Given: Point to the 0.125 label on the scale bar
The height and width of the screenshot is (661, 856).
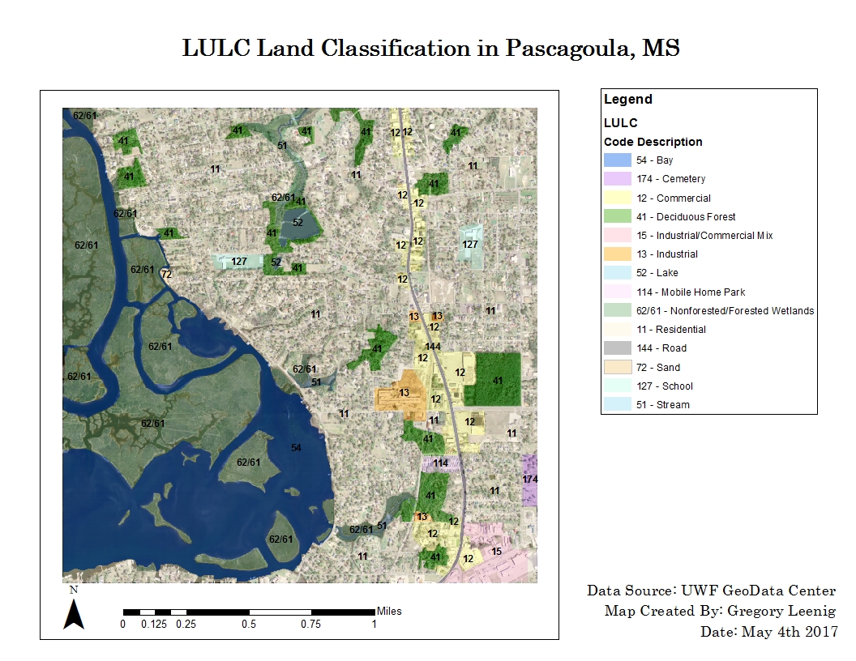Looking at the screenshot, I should click(x=154, y=624).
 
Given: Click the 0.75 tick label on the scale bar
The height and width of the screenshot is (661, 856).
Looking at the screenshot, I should click(x=310, y=624).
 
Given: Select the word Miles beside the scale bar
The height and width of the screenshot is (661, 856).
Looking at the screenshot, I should click(x=389, y=611).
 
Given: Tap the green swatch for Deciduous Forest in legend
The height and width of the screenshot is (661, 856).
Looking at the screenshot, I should click(x=617, y=216).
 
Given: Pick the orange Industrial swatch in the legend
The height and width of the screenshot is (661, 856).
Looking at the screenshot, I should click(x=617, y=254).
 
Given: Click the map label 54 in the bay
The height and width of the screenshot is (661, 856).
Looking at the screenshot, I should click(x=296, y=448).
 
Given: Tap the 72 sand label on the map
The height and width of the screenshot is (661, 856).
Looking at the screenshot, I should click(x=166, y=274).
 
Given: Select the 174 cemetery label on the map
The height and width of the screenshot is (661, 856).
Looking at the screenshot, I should click(x=530, y=480).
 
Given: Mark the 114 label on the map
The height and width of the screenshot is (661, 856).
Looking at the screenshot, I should click(x=440, y=463).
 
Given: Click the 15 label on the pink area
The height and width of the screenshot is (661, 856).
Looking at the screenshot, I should click(x=497, y=552).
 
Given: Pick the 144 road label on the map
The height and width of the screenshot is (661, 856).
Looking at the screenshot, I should click(x=433, y=347).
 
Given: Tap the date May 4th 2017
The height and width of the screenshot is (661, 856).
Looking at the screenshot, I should click(x=790, y=631).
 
